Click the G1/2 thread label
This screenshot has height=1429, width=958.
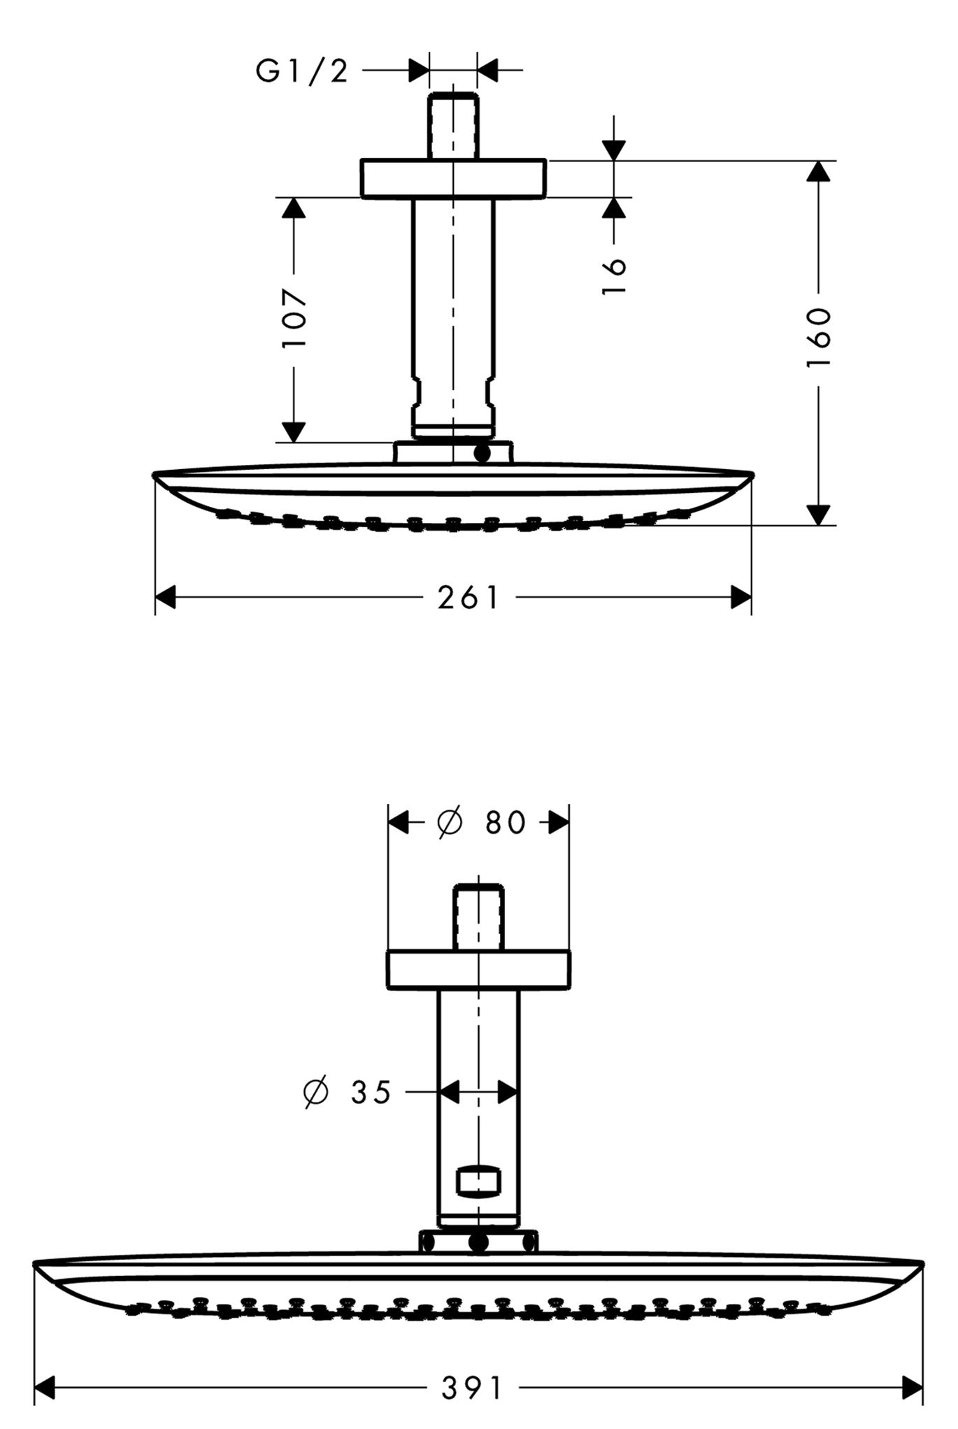(302, 71)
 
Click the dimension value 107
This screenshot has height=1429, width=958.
(294, 317)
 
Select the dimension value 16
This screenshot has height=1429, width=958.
(614, 276)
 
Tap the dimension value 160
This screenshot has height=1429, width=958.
(818, 337)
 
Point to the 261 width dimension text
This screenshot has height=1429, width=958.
(469, 598)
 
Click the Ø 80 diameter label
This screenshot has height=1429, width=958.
(482, 822)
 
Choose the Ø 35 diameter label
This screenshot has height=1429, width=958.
(348, 1091)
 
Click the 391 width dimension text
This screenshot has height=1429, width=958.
(471, 1388)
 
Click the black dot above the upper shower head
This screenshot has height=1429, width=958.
(482, 453)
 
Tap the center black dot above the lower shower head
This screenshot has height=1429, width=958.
(479, 1242)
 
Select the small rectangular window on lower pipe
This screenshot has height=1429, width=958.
(478, 1182)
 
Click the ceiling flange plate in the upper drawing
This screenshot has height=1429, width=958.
(453, 178)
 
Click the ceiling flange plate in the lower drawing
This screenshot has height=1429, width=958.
(478, 970)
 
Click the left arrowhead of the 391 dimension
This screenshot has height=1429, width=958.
(45, 1388)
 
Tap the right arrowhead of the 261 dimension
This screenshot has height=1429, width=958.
(741, 598)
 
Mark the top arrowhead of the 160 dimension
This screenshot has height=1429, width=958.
(818, 171)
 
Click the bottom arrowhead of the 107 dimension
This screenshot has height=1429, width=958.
(294, 432)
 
